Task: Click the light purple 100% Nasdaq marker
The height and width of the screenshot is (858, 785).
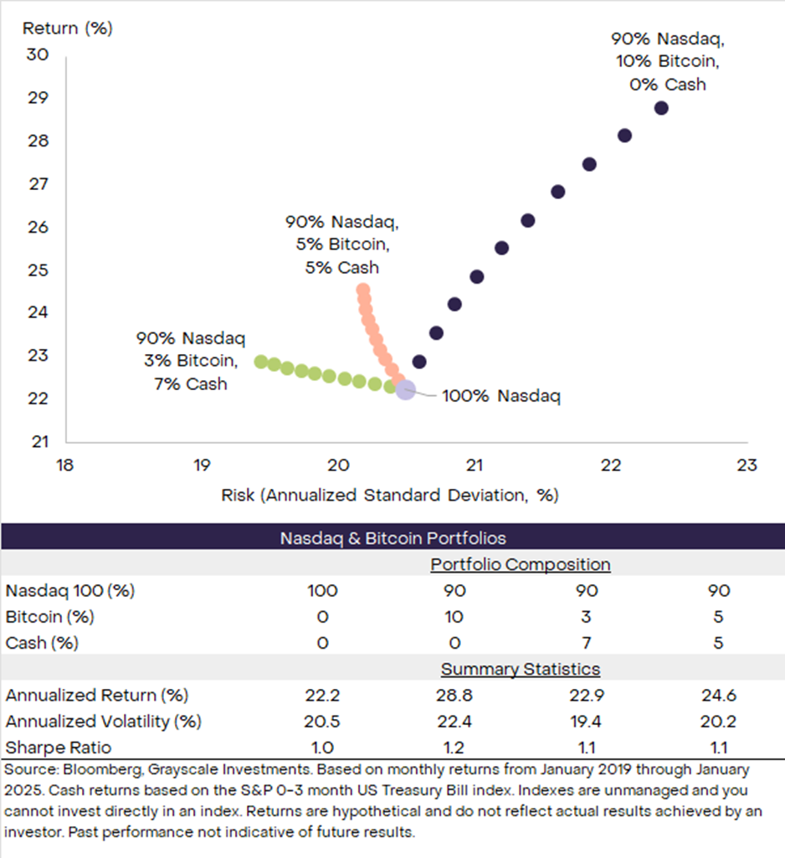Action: pos(405,390)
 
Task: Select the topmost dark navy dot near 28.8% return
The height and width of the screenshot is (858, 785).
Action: pos(661,108)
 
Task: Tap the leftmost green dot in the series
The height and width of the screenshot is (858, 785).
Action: pos(261,362)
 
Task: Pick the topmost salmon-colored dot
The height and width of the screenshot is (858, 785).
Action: pos(362,290)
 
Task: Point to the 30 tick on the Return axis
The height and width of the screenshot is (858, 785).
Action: pos(39,54)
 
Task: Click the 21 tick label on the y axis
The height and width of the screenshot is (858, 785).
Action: pos(39,441)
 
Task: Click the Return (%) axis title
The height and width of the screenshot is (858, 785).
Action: pos(67,28)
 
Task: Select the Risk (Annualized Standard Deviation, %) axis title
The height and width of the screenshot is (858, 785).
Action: pos(389,495)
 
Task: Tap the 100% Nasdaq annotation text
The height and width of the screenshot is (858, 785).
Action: pos(500,396)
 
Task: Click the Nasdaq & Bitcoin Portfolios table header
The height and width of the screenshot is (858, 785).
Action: pos(392,538)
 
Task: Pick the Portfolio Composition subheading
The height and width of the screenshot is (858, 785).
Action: pos(521,564)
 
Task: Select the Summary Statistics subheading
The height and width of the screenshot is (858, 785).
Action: pos(521,669)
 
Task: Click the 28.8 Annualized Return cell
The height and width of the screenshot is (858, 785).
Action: pos(454,695)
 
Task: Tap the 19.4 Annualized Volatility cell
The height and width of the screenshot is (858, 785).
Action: pos(587,721)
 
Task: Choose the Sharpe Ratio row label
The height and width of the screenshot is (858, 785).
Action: pos(59,747)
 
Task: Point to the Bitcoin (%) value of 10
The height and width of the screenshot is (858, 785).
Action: pos(454,617)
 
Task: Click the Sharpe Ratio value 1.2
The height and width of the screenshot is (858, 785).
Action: pos(454,747)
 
